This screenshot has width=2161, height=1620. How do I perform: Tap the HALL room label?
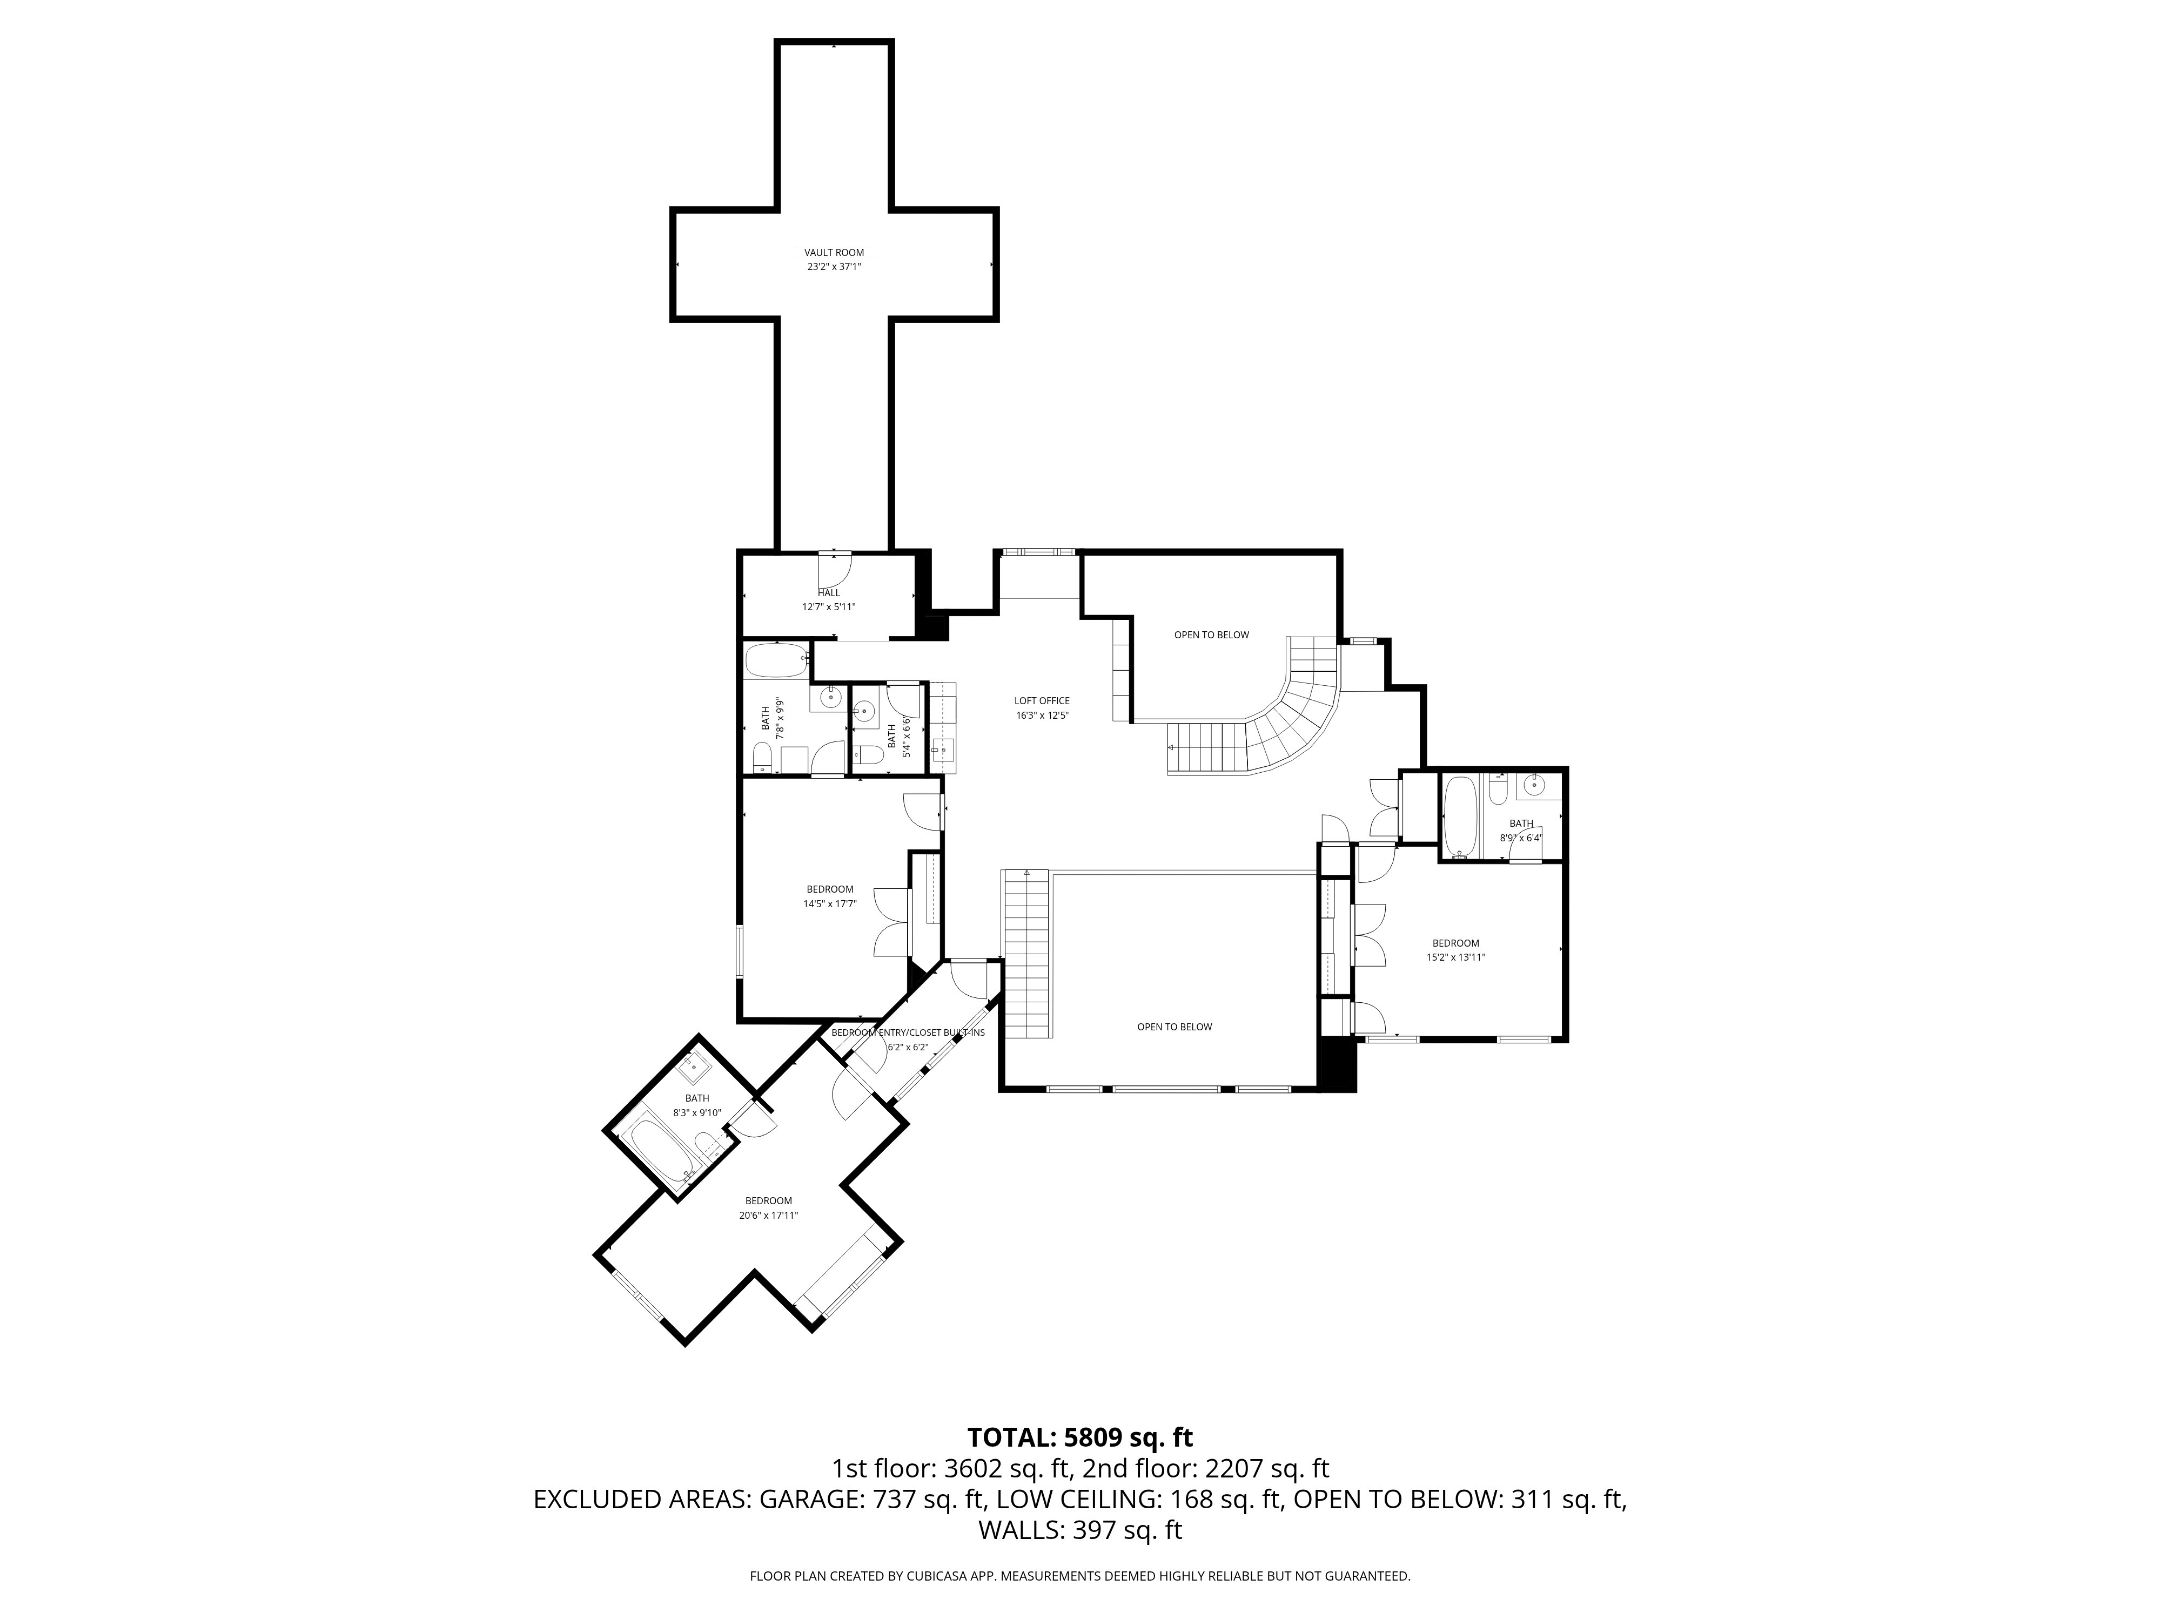click(x=828, y=593)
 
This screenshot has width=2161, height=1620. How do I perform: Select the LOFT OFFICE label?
click(x=1042, y=700)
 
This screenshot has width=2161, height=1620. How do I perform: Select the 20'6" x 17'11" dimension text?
click(x=769, y=1216)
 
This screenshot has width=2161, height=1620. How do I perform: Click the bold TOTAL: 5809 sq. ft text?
click(x=1079, y=1437)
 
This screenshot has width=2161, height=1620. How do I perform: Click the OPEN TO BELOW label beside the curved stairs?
click(x=1211, y=634)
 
